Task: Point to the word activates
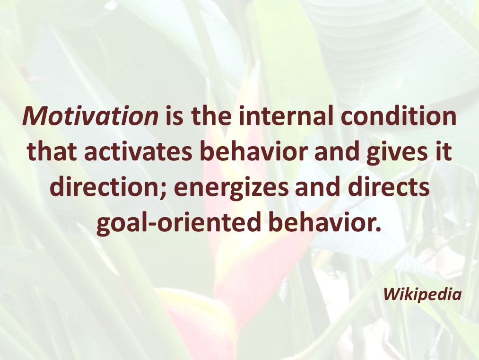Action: pyautogui.click(x=139, y=151)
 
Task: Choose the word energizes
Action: pyautogui.click(x=231, y=187)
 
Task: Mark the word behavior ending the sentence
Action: pyautogui.click(x=325, y=222)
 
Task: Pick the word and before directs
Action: pyautogui.click(x=318, y=187)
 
